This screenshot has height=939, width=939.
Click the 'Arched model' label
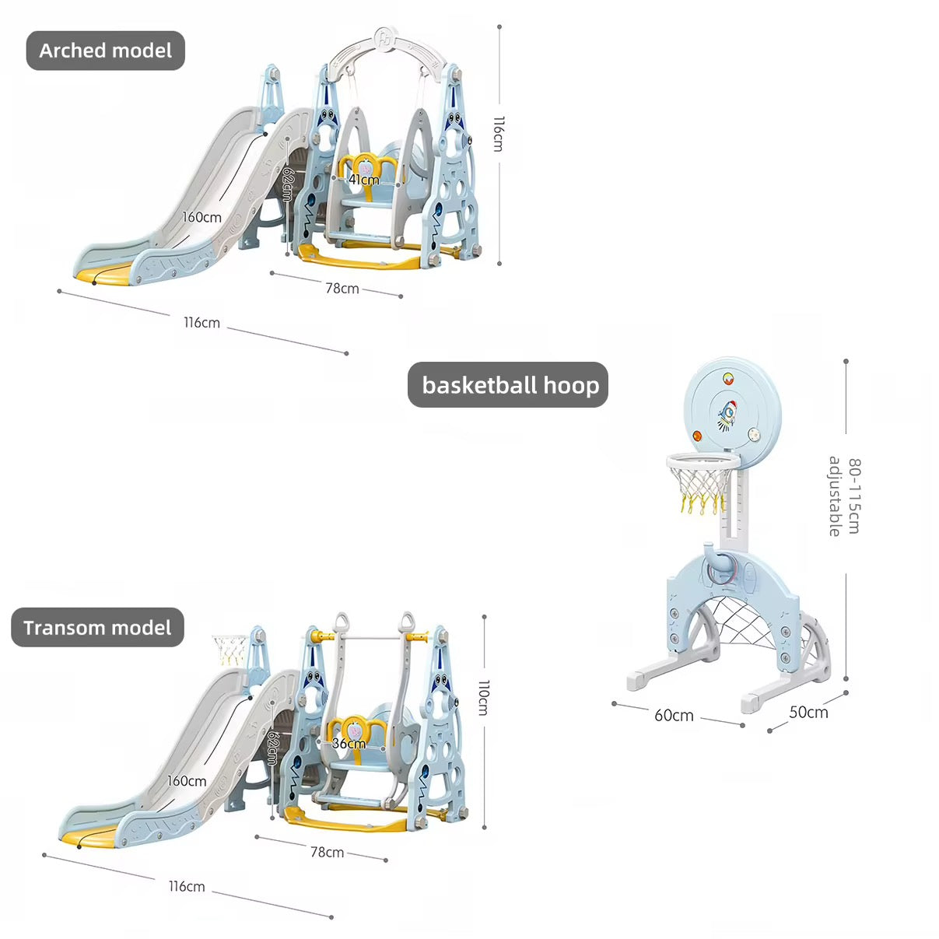click(105, 51)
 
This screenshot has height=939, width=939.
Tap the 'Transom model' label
click(97, 628)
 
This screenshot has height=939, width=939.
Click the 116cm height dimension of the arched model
click(499, 134)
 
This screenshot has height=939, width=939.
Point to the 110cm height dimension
click(484, 697)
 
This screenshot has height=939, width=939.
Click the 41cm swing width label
click(363, 180)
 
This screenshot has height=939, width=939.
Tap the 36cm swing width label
click(349, 744)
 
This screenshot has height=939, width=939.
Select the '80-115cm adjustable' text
click(845, 496)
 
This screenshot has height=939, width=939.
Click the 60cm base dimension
click(674, 715)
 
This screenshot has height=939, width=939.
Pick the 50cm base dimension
click(808, 712)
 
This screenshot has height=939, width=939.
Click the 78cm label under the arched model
click(342, 288)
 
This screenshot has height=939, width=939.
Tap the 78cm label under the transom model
click(327, 852)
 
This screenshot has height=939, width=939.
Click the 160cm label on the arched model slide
click(201, 217)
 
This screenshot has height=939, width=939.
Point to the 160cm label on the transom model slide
click(187, 781)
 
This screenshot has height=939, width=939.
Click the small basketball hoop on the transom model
click(230, 646)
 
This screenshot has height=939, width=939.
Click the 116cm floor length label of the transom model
click(187, 886)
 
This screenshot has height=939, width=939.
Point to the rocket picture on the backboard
click(727, 413)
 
